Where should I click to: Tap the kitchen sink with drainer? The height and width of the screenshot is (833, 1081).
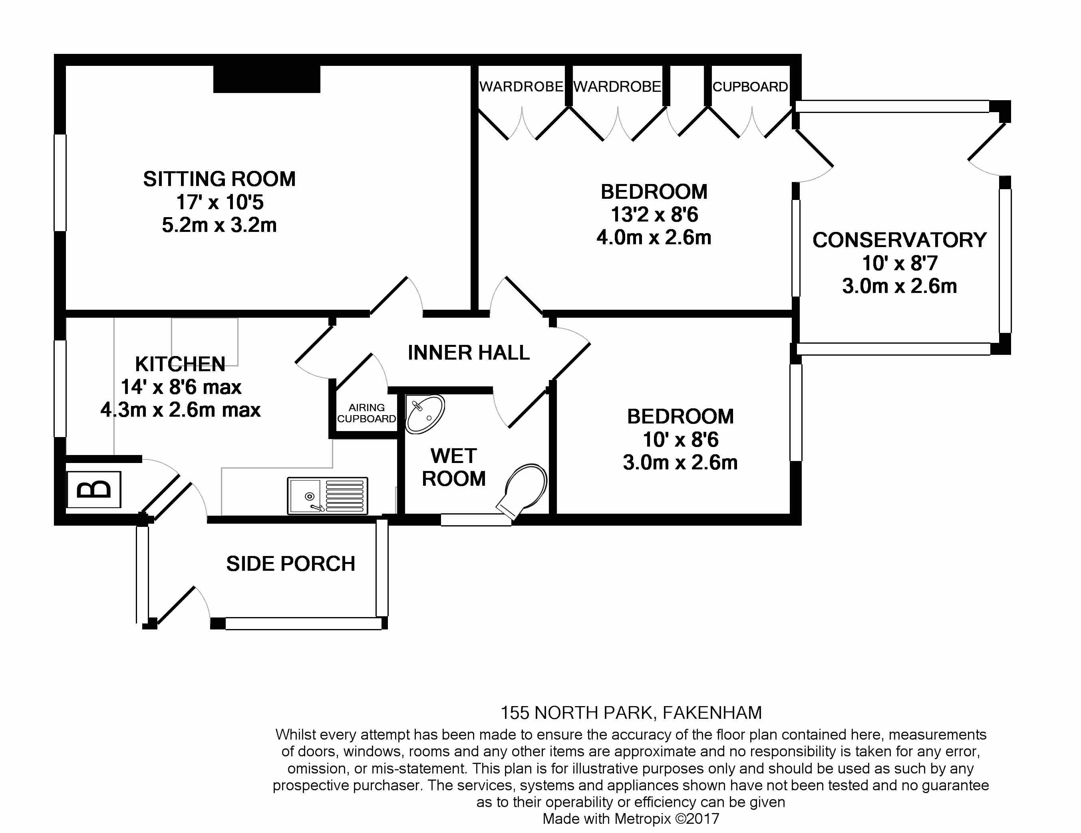[327, 496]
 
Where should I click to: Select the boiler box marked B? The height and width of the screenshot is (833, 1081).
[94, 489]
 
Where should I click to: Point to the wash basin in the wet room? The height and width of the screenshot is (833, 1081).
[425, 415]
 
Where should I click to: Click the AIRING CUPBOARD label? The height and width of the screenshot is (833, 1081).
[366, 413]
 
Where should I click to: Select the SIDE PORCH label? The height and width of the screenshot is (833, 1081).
[290, 564]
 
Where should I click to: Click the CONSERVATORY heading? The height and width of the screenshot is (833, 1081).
[899, 240]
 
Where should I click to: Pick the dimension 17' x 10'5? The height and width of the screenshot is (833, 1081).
[220, 202]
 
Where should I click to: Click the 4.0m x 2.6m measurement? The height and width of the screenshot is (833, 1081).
[654, 237]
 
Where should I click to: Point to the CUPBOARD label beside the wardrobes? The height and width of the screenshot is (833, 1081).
[750, 87]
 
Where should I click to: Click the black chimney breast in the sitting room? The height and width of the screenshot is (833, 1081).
[267, 79]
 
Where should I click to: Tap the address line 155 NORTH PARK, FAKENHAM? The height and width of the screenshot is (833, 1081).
[631, 713]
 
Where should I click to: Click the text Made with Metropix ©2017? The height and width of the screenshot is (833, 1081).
[631, 819]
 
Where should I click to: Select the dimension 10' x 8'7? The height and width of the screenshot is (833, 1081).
[899, 263]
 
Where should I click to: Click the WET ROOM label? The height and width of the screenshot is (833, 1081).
[454, 467]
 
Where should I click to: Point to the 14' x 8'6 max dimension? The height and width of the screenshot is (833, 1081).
[181, 387]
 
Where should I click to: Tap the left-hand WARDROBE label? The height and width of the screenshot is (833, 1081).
[521, 87]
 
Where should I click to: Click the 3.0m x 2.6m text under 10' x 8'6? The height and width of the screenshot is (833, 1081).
[680, 463]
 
